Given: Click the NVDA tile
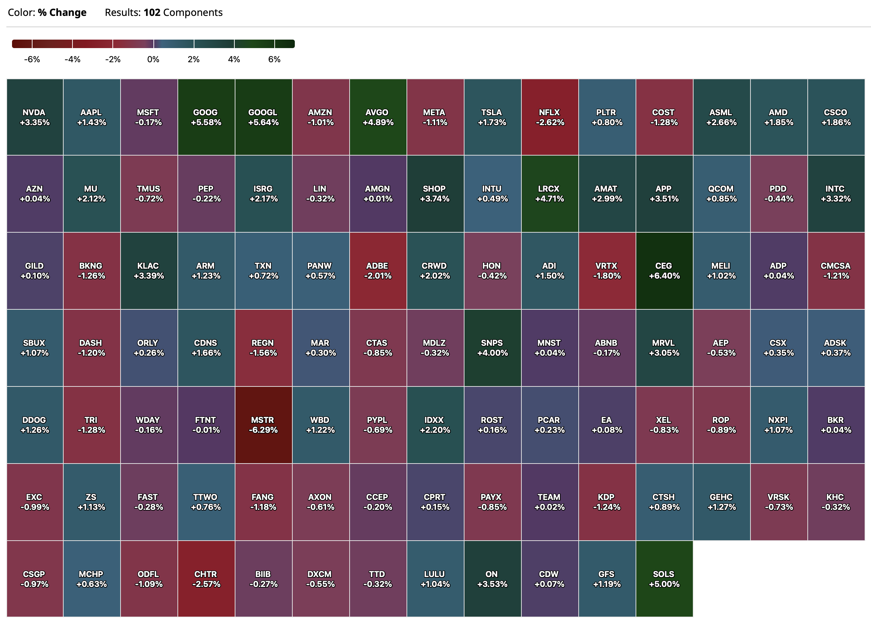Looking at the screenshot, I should coord(35,117).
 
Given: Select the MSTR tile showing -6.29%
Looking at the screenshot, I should coord(263,425).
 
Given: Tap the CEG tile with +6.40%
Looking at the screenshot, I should coord(664,270).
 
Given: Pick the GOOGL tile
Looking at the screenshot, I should coord(263,117).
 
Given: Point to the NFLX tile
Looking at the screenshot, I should coord(550,117).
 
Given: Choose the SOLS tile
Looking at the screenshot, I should coord(664,579).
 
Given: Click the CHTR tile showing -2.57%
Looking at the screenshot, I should coord(206,579).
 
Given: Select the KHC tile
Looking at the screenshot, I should coord(836,502).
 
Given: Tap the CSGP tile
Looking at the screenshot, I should coord(35,579).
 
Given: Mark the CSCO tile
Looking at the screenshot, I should coord(836,117).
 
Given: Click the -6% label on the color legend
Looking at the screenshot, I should coord(32,59).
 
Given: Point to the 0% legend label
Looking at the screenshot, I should coord(153,59).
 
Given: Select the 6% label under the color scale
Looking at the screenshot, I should coord(274,59).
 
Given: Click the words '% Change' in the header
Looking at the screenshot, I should coord(62,13).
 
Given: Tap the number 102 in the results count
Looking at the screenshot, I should coord(152,13).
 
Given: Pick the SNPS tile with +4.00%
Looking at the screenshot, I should coord(492,348).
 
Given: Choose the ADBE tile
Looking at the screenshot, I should coord(378,270).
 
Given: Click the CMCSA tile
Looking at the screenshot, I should coord(836,270).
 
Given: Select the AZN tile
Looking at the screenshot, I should coord(35,193).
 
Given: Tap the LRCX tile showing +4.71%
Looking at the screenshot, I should coord(550,193).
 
